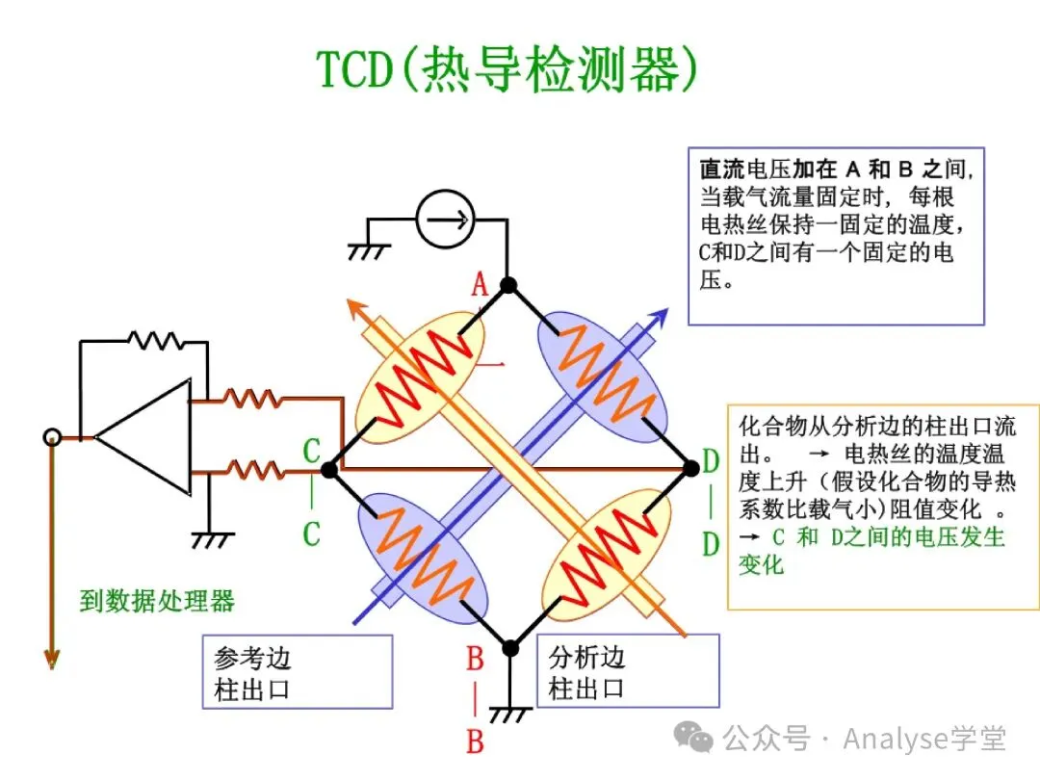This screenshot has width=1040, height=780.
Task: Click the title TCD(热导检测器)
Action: [x=507, y=69]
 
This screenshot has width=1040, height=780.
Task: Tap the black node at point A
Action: [x=508, y=285]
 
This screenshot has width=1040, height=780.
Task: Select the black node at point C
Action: [x=328, y=470]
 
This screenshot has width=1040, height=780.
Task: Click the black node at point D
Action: [x=690, y=468]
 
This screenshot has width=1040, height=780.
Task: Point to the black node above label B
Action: [x=510, y=648]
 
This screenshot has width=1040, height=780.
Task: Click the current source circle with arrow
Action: [x=446, y=220]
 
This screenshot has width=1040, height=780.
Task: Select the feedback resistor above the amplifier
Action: [x=155, y=340]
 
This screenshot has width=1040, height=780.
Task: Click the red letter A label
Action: [x=480, y=285]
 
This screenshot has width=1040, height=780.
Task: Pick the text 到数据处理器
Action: [x=157, y=602]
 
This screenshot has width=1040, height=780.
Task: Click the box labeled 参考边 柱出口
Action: [x=297, y=672]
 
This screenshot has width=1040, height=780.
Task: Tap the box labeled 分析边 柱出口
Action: [x=627, y=672]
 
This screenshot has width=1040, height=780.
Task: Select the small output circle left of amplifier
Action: [x=52, y=437]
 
